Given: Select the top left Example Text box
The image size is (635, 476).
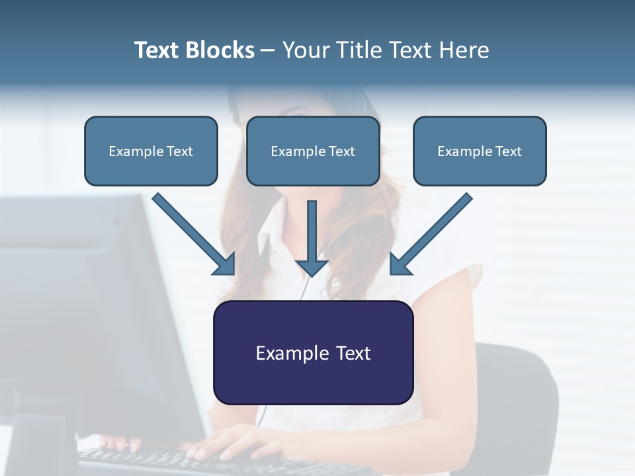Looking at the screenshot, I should pos(151,151).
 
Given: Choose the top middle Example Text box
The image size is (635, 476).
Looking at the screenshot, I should pos(313,151).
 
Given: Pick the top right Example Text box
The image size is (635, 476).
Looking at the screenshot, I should pos(480,151).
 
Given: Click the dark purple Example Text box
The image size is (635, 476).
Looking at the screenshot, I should pos(313,352).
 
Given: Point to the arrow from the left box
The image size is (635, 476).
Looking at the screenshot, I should pos(192,233).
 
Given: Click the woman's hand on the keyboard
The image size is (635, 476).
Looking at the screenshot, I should pos(225,442).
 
